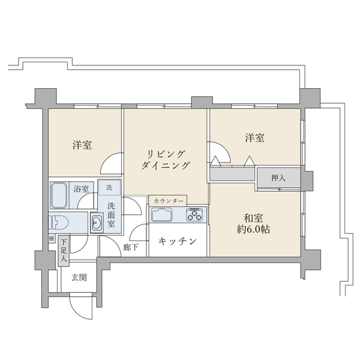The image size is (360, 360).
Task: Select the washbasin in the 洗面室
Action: pyautogui.click(x=97, y=223)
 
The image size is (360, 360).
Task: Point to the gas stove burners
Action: pyautogui.click(x=196, y=214)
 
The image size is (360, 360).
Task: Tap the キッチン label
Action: pyautogui.click(x=178, y=241)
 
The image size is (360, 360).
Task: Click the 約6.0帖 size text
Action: pyautogui.click(x=253, y=229)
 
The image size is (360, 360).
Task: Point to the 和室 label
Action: pyautogui.click(x=253, y=217)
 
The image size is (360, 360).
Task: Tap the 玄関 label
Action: pyautogui.click(x=79, y=277)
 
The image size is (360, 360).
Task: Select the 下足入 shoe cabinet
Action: pyautogui.click(x=64, y=251)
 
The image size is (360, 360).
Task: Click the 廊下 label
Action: pyautogui.click(x=131, y=247)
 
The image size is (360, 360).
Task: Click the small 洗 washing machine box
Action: pyautogui.click(x=109, y=187)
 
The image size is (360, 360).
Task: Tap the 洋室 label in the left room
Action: pyautogui.click(x=83, y=145)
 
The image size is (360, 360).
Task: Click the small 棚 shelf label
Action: pyautogui.click(x=52, y=238)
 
